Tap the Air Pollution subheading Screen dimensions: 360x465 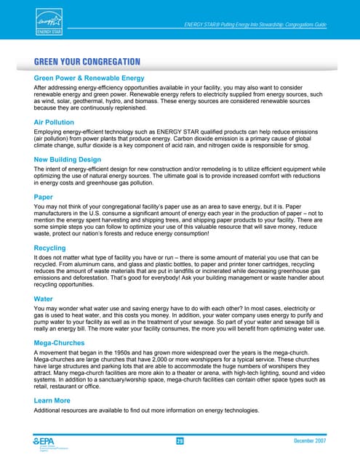(x=57, y=122)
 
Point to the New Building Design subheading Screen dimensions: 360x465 (x=76, y=160)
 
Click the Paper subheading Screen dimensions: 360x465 (x=43, y=197)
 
